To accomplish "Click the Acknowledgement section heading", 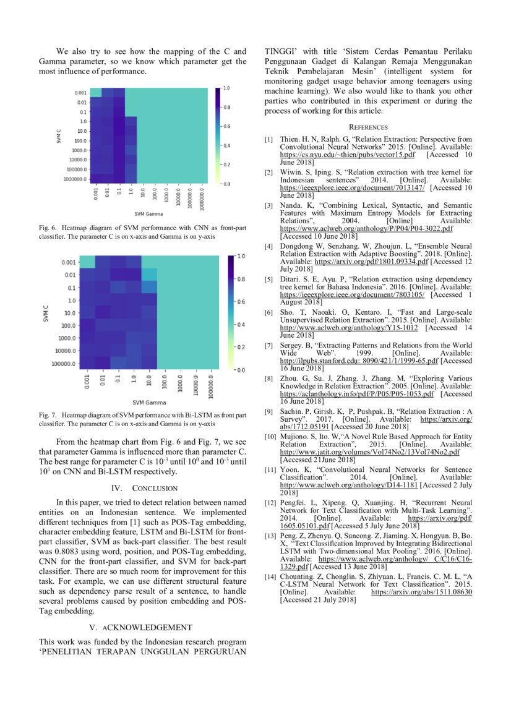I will tap(142, 627).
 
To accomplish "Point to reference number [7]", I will tap(268, 345).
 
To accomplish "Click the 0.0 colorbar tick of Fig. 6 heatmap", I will tap(226, 184).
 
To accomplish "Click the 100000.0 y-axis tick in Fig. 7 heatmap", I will tap(65, 364).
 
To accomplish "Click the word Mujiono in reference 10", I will tap(295, 437).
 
